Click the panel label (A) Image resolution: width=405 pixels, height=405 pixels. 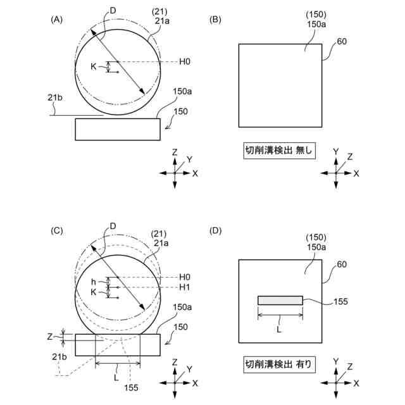[x=57, y=20]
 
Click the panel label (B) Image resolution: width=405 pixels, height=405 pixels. [x=216, y=20]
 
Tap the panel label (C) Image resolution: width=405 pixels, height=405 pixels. [x=57, y=230]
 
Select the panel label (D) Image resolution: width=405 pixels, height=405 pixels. [x=216, y=230]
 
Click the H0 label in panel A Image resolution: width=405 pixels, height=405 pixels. [x=185, y=61]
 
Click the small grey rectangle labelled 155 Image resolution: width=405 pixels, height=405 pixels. [x=280, y=301]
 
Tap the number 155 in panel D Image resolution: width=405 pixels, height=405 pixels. [x=340, y=302]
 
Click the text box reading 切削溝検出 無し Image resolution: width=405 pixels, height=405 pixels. [x=280, y=151]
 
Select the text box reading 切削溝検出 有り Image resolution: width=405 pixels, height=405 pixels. [x=280, y=364]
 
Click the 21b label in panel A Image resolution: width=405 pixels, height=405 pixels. [x=54, y=97]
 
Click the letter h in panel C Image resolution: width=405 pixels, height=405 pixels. [x=92, y=282]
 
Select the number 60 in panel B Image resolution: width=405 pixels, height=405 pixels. [x=342, y=42]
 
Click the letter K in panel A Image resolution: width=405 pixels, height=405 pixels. [x=93, y=66]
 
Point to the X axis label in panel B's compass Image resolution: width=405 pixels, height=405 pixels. [x=356, y=173]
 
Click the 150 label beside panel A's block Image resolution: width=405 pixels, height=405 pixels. [x=180, y=112]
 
